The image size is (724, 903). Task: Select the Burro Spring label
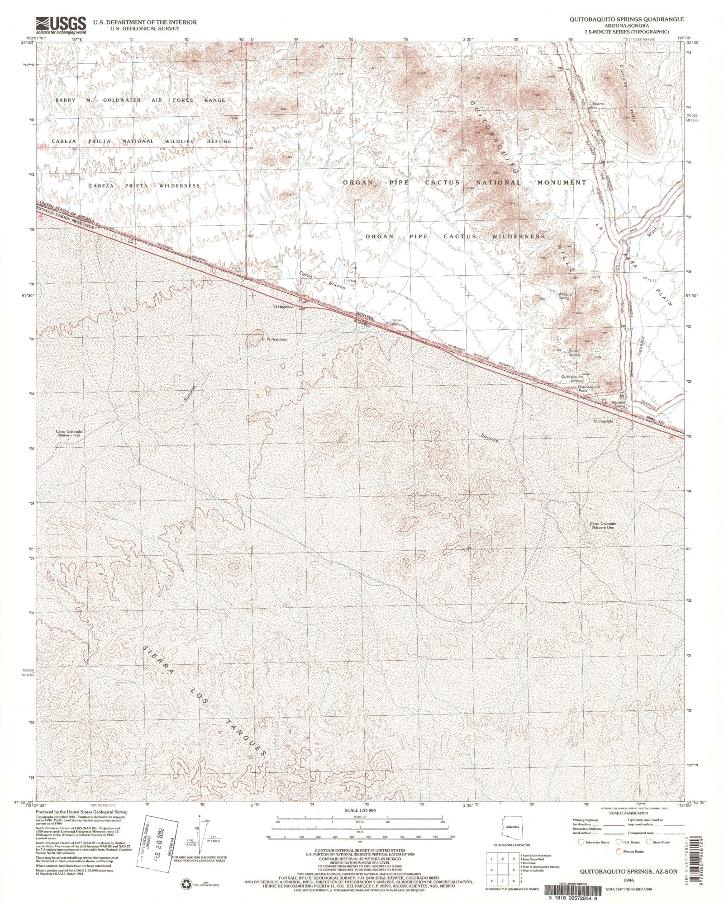click(x=573, y=355)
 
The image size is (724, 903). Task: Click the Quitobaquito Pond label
click(x=588, y=388)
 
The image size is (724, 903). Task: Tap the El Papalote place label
click(x=604, y=421)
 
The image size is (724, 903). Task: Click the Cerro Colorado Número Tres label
click(x=69, y=433)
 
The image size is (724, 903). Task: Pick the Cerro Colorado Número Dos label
click(x=603, y=526)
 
